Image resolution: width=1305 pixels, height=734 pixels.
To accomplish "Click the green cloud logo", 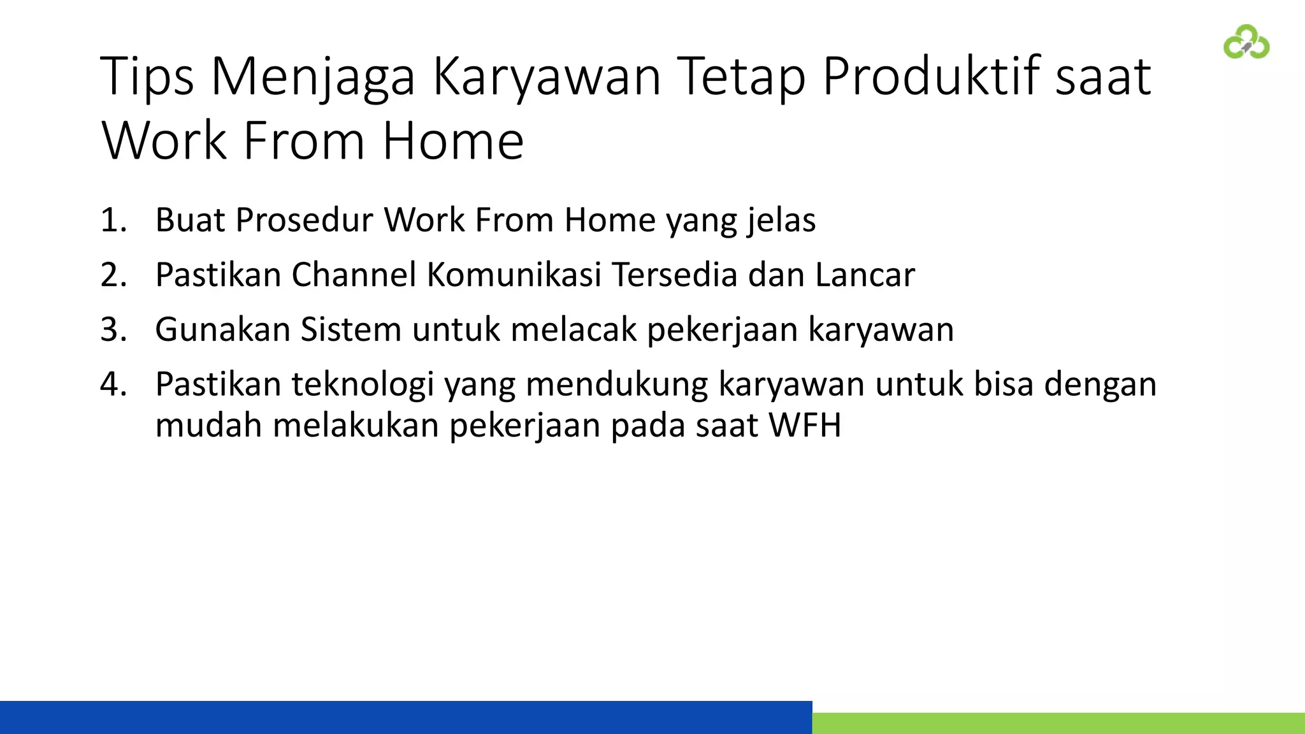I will pos(1246,42).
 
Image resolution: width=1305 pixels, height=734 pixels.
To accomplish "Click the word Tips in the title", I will pos(147,77).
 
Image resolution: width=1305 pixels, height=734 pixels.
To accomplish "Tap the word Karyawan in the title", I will pos(547,77).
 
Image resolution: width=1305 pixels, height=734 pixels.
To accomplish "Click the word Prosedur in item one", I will pos(304,220).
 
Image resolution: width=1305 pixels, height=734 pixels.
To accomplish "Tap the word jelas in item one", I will pos(781,220).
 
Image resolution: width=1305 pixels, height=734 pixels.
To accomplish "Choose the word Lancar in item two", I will pos(865,275).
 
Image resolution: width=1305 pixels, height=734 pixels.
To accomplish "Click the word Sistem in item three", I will pos(350,330).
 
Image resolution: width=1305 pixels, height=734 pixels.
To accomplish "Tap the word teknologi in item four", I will pos(363,385).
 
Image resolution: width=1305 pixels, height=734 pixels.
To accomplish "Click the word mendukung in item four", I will pos(616,385).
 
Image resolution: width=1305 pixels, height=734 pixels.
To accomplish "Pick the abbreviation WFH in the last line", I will pos(805,426).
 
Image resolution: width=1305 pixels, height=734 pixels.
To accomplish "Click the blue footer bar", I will pos(405,717).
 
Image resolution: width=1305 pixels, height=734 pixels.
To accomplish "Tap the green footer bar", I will pos(1058,724).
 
